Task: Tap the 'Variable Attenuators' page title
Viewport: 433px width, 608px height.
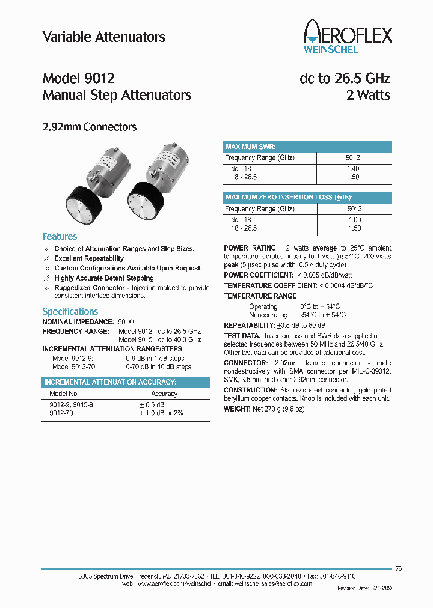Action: point(103,37)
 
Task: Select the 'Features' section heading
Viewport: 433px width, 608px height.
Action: point(60,237)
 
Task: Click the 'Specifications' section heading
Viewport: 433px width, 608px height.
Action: point(70,311)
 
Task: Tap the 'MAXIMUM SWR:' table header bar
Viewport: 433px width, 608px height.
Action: point(307,147)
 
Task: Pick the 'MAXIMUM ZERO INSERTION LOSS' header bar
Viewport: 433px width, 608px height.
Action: point(307,198)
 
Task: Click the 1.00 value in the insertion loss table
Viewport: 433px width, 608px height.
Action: point(354,220)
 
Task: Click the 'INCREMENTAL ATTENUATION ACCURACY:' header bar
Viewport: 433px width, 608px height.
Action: point(126,382)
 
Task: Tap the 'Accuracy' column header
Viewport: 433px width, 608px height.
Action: point(164,394)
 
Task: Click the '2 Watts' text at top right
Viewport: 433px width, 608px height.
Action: point(368,95)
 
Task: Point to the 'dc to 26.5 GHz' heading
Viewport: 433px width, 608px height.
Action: point(345,79)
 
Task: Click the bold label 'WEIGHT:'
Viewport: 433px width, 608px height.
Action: point(237,409)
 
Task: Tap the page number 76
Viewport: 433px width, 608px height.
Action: point(399,568)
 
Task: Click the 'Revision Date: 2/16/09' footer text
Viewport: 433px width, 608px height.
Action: point(364,589)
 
